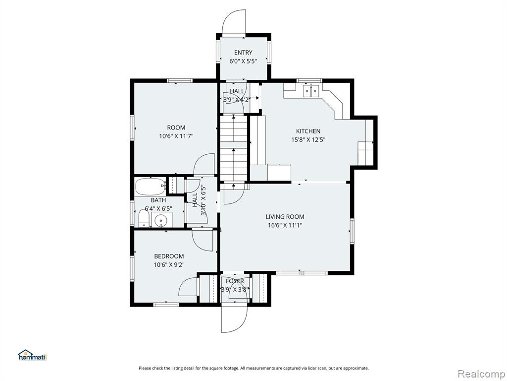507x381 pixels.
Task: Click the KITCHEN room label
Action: click(x=308, y=131)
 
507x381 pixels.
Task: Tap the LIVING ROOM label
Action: click(x=285, y=217)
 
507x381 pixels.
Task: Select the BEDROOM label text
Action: click(x=169, y=256)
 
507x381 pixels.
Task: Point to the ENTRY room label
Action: click(x=243, y=53)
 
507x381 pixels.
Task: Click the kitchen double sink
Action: click(x=311, y=91)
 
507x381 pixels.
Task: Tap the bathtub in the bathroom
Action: click(x=150, y=186)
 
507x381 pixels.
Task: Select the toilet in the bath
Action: click(x=143, y=218)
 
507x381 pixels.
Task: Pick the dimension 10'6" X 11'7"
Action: click(x=176, y=136)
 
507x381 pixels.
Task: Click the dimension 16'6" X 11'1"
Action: click(x=285, y=226)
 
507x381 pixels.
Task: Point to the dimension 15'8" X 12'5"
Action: click(x=308, y=140)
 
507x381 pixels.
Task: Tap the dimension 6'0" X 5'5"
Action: click(x=243, y=61)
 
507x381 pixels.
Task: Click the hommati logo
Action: click(x=33, y=355)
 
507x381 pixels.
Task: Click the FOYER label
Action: click(x=235, y=281)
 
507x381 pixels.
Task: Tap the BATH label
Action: click(x=158, y=200)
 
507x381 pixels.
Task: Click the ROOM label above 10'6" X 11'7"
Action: click(x=176, y=127)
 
